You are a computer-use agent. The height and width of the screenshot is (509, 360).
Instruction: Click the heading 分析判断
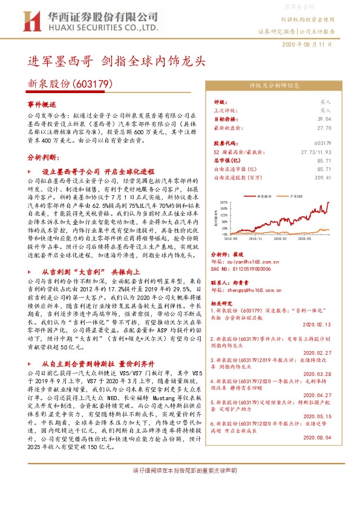[42, 156]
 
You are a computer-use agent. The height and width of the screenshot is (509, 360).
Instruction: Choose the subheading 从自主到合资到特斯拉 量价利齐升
[98, 365]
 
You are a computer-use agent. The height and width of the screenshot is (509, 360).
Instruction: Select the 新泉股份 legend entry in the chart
[264, 197]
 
